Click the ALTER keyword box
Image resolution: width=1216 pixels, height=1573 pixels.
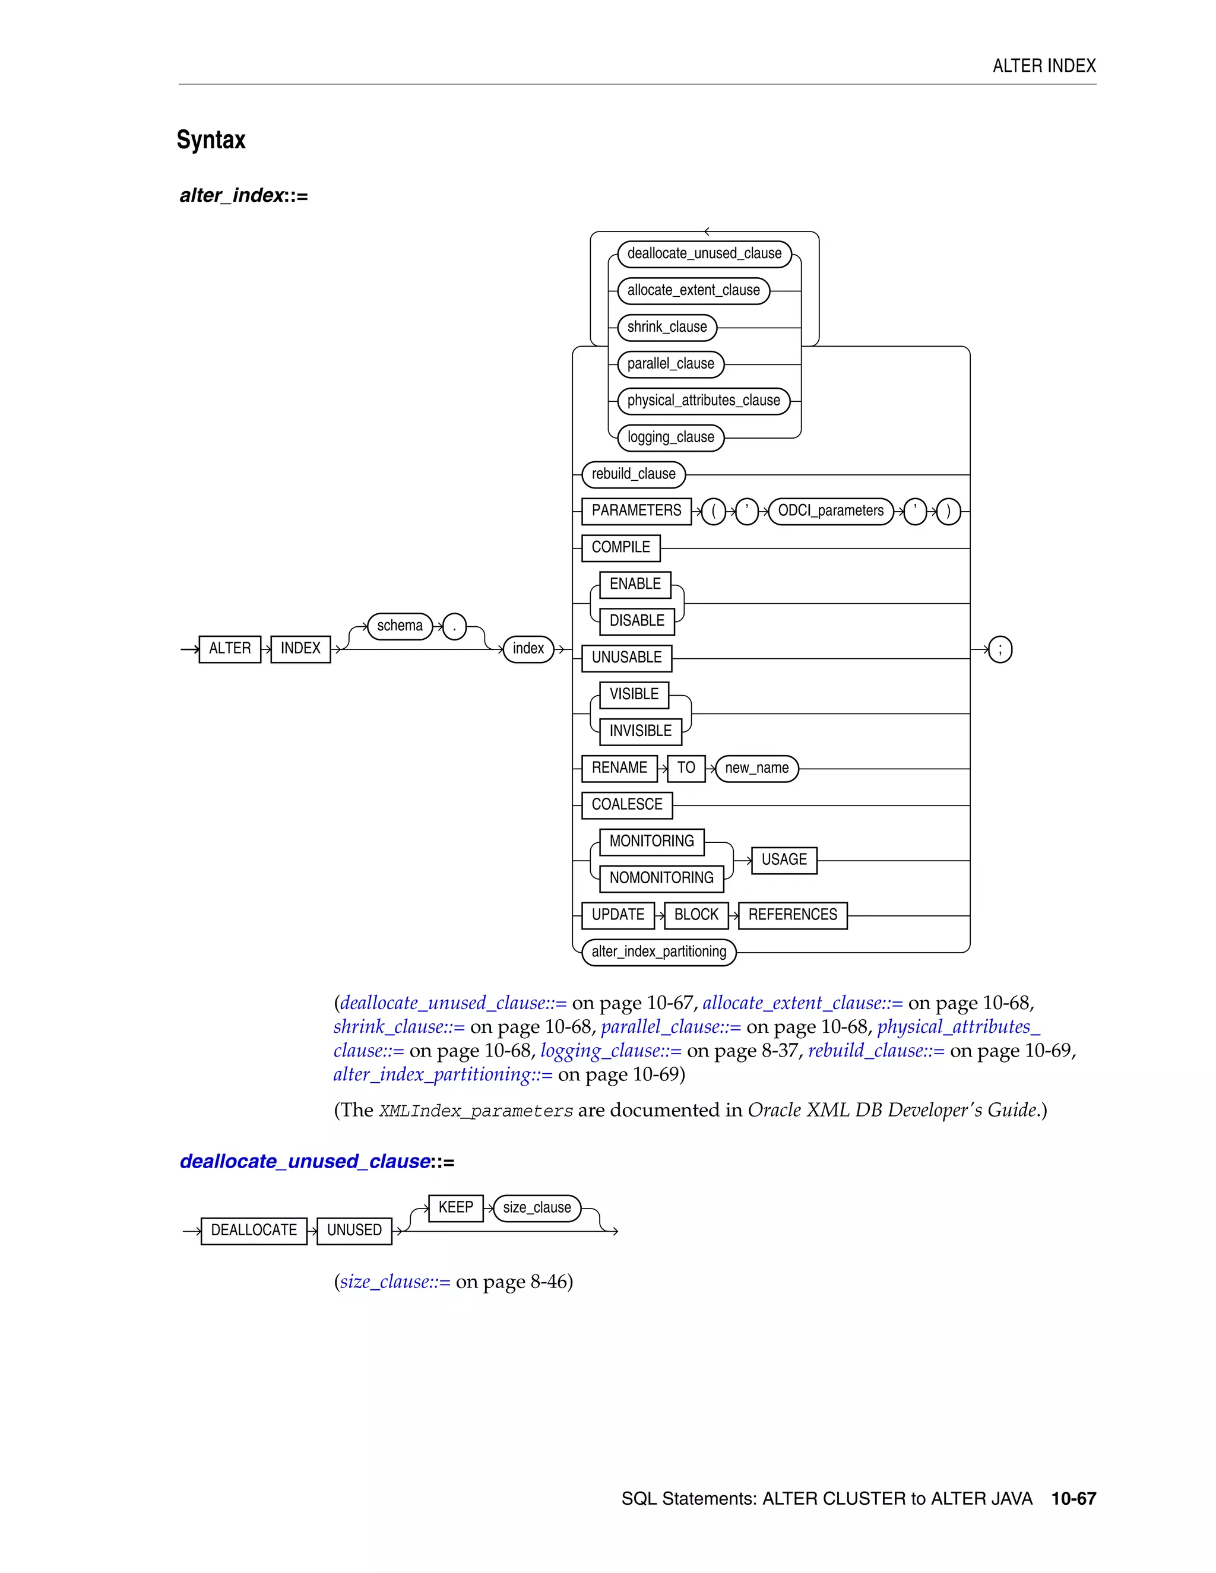[x=230, y=649]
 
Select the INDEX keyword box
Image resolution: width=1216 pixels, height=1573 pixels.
[x=300, y=649]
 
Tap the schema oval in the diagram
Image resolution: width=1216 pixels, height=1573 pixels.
[x=400, y=626]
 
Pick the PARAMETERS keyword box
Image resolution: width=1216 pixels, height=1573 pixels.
[x=636, y=510]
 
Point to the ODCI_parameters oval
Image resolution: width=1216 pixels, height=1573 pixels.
[x=831, y=510]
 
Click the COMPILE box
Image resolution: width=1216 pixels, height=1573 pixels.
[x=621, y=547]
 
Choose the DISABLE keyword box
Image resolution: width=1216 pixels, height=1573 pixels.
[x=637, y=621]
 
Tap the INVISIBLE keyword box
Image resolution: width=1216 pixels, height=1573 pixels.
[x=641, y=731]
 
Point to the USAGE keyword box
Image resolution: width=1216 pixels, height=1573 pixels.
[x=784, y=860]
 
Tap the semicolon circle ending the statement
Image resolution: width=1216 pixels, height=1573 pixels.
[x=1000, y=649]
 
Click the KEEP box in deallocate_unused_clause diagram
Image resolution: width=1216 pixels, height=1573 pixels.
[x=456, y=1208]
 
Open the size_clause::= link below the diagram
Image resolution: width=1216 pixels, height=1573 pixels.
[x=395, y=1283]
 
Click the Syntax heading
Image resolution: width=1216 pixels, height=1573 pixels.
[x=211, y=139]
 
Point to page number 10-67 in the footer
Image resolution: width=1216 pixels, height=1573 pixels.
[x=1073, y=1499]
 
